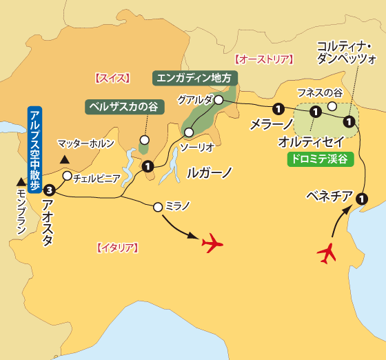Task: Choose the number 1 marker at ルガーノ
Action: (148, 166)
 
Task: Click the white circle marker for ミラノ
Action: (158, 206)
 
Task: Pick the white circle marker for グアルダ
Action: (218, 100)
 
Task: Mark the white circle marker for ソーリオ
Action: (188, 132)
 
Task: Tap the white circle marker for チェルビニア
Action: (67, 176)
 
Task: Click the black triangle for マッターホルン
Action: (64, 160)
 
